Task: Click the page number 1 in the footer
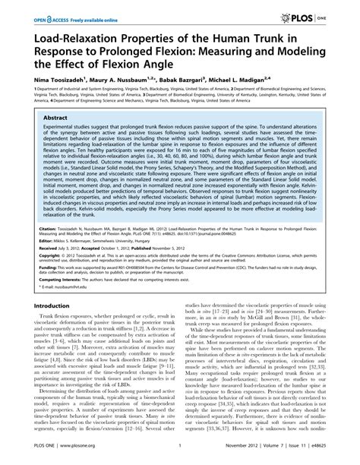180,457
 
